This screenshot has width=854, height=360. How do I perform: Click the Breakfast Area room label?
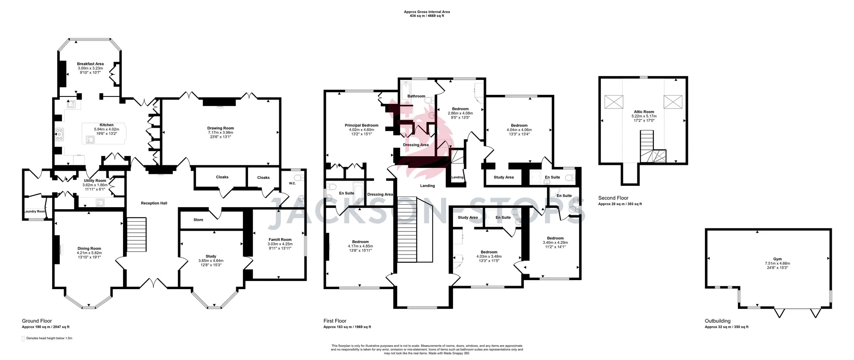[90, 64]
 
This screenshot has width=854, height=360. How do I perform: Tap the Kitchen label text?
[107, 125]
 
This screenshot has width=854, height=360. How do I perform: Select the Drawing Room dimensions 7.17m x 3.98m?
[221, 132]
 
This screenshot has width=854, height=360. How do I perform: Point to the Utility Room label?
[95, 181]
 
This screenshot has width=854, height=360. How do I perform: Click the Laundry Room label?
[34, 211]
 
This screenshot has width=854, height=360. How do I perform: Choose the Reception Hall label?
[154, 203]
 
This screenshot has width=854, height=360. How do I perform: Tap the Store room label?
[198, 220]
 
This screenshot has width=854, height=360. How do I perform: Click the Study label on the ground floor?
[211, 256]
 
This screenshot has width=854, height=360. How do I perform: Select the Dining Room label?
[89, 249]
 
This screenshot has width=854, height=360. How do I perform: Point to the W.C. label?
[292, 184]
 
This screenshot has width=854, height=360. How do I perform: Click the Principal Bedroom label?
[362, 126]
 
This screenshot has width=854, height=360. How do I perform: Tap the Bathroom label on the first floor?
[416, 97]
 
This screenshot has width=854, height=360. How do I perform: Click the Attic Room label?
[644, 112]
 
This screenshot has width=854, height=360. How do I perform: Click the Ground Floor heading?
[37, 321]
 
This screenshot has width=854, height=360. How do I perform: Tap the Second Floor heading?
[613, 198]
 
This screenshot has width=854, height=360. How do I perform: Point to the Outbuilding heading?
[717, 321]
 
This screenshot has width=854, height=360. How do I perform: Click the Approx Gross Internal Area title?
[427, 12]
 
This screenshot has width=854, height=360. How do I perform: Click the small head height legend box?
[23, 339]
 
